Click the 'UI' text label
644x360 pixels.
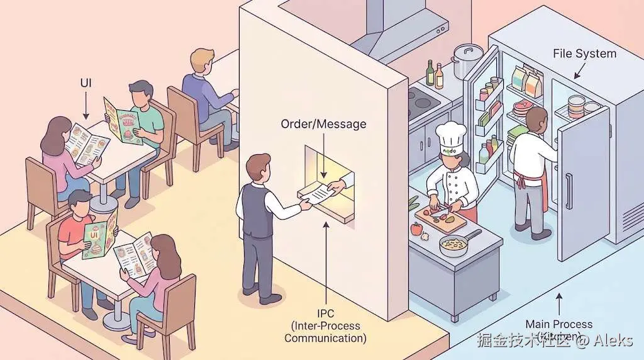pyautogui.click(x=87, y=83)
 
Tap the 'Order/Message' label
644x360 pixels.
pyautogui.click(x=323, y=124)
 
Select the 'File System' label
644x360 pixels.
pyautogui.click(x=584, y=53)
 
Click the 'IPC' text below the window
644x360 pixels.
pyautogui.click(x=325, y=313)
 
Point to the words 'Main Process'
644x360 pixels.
pyautogui.click(x=559, y=324)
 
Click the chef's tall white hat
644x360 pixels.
pyautogui.click(x=451, y=137)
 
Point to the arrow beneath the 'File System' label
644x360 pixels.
pyautogui.click(x=576, y=72)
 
